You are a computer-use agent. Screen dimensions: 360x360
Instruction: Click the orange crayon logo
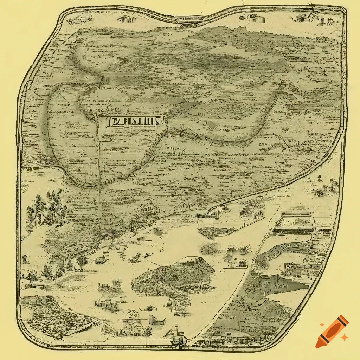(332, 332)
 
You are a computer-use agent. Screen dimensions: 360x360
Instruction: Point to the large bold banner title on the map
(135, 122)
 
